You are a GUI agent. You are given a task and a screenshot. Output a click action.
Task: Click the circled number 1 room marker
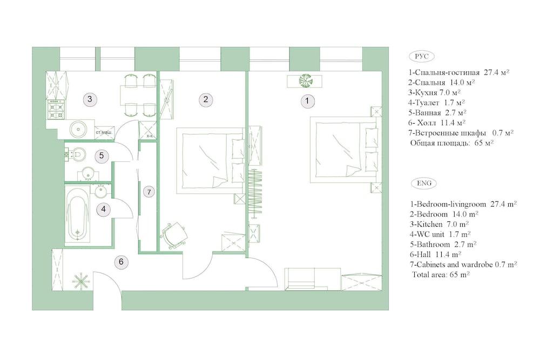307,101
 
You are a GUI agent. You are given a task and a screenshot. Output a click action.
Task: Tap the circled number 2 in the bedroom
206,99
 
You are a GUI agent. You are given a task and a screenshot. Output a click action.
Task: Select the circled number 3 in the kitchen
90,99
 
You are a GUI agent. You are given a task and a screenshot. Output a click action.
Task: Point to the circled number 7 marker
149,192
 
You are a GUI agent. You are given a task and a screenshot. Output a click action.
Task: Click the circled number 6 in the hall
121,262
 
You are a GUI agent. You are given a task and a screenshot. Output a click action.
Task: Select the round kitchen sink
79,129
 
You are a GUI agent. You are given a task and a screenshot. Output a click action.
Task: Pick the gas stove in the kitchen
56,109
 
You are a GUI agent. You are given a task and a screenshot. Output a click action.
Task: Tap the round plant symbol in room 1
305,80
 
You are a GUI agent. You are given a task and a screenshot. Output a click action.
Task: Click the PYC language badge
422,57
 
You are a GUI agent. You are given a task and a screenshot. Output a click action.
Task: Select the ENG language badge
424,183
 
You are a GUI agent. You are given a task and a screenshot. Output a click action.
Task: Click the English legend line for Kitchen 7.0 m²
439,225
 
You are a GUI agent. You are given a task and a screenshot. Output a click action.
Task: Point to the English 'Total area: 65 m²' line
441,275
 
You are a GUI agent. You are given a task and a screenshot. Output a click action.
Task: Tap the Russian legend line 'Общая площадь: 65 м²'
451,143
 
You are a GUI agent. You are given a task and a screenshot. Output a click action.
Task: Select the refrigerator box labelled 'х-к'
147,131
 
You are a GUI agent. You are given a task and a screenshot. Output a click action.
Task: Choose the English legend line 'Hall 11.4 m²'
435,255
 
